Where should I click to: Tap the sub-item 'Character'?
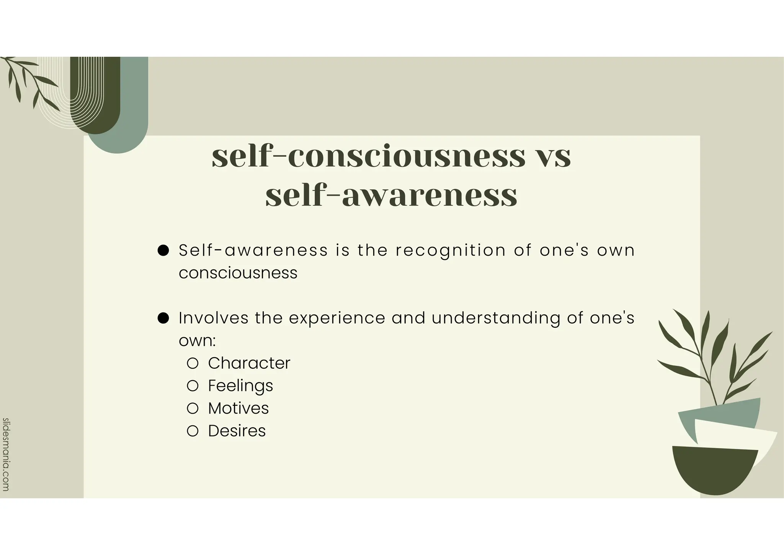(249, 363)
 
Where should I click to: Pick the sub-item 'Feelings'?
(240, 386)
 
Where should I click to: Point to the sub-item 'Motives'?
(238, 408)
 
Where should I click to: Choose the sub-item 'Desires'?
(237, 431)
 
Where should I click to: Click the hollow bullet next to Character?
(193, 363)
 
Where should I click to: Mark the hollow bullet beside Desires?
(193, 431)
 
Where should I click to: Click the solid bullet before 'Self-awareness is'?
(163, 251)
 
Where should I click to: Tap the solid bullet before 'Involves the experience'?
(163, 318)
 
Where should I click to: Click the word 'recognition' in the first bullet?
(451, 251)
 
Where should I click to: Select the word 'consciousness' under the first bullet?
(238, 273)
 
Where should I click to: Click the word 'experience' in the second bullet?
(337, 318)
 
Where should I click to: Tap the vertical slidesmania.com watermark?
(5, 454)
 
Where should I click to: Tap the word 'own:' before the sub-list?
(197, 341)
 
